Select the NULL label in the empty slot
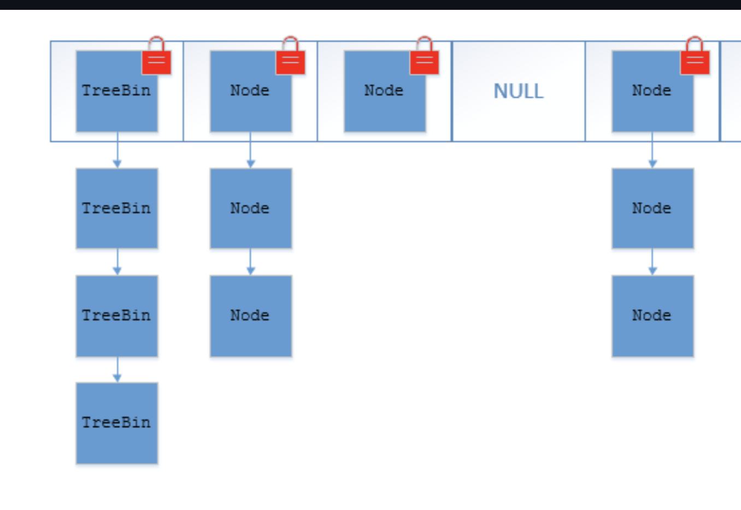point(518,91)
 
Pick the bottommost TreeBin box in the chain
point(116,423)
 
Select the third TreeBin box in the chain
point(116,316)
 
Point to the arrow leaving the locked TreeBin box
point(117,150)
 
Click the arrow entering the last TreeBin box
point(117,370)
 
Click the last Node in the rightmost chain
point(652,316)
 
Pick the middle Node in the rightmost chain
point(652,208)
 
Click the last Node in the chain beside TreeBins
point(250,316)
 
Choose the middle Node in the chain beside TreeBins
point(250,208)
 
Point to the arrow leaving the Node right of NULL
point(652,150)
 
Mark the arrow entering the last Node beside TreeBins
point(251,262)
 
